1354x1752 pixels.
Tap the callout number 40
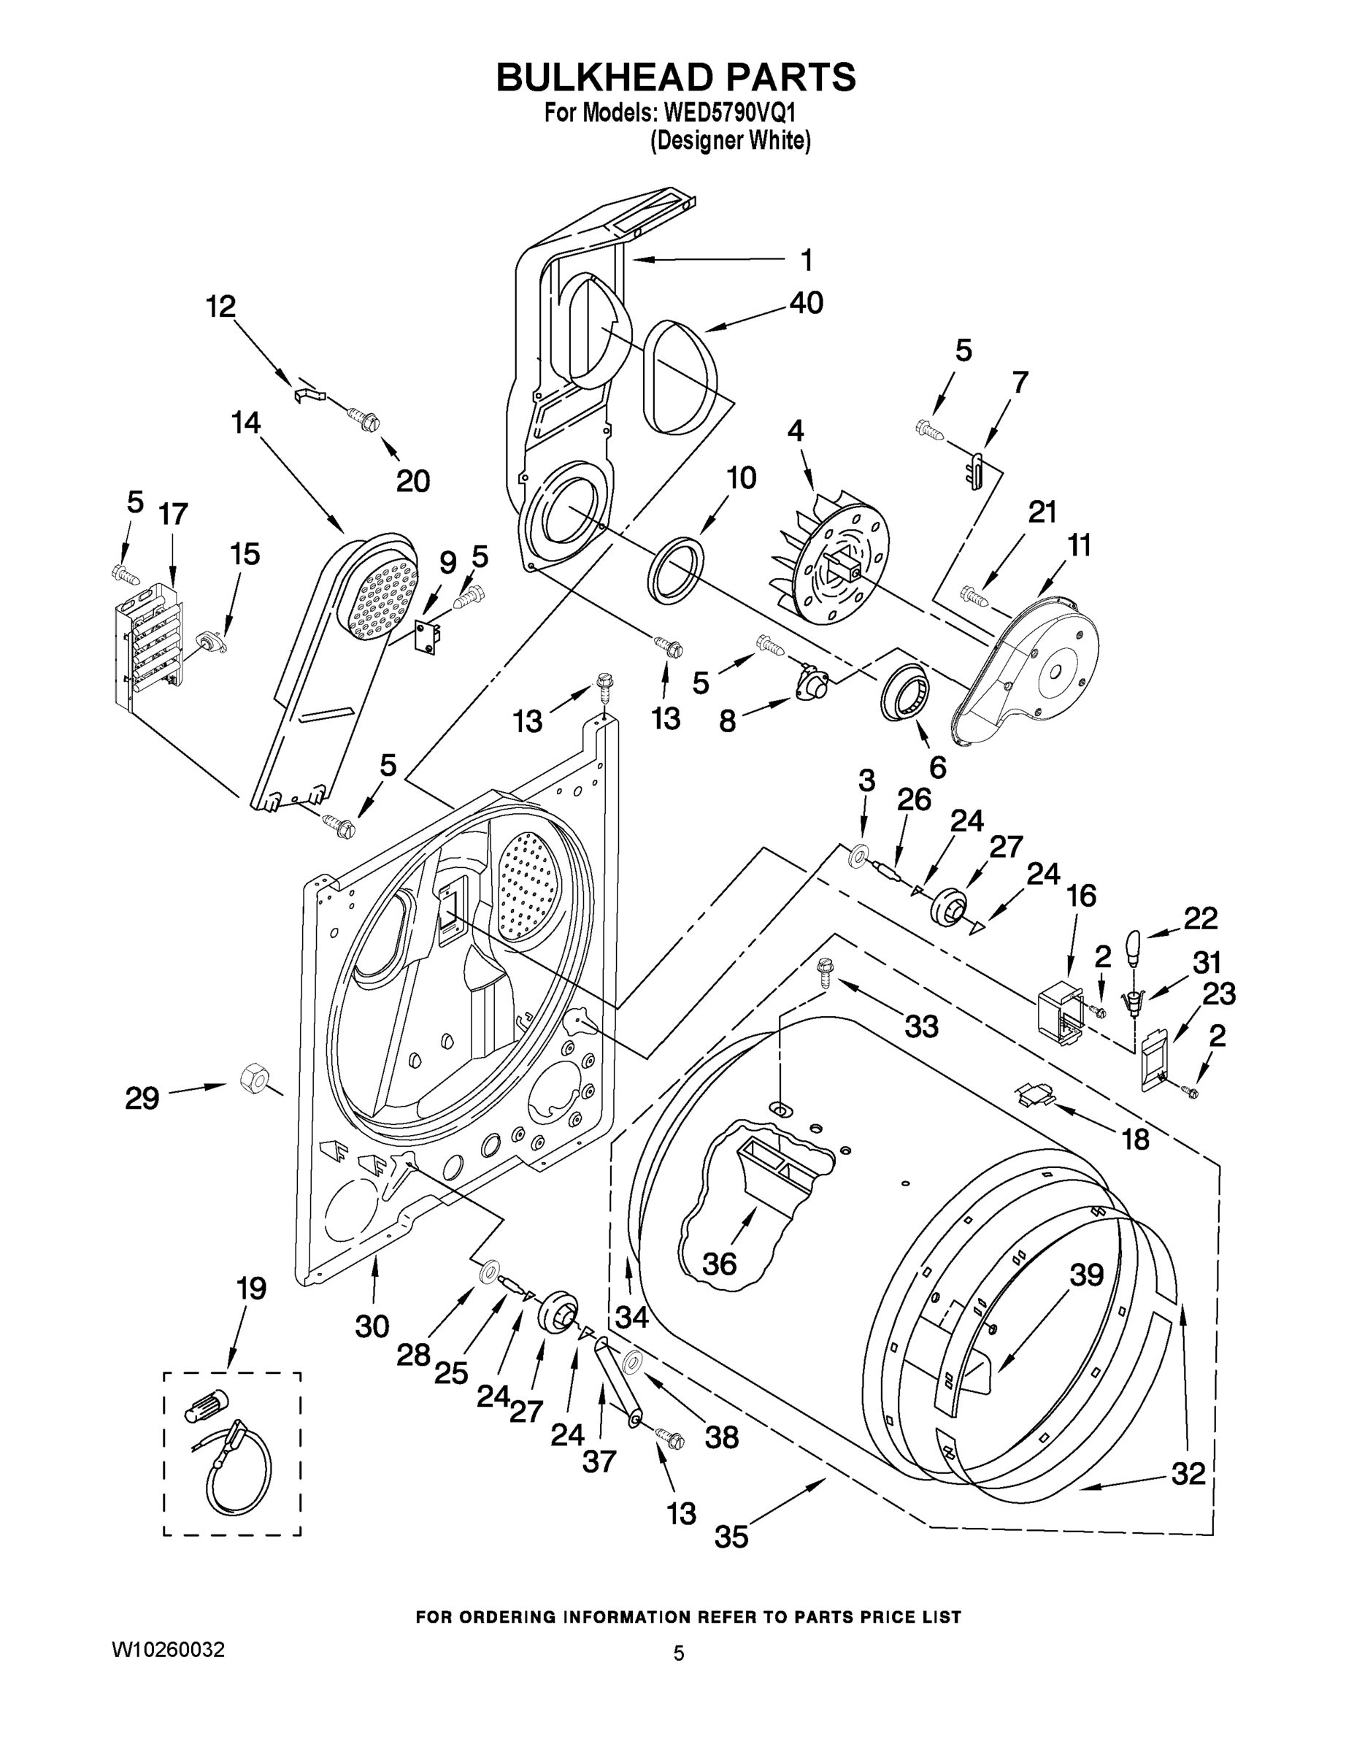[805, 302]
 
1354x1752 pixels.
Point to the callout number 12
[220, 307]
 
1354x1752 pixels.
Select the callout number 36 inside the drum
[720, 1264]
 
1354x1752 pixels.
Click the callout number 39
[1087, 1275]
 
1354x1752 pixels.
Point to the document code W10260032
[168, 1649]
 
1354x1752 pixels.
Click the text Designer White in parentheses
[730, 140]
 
